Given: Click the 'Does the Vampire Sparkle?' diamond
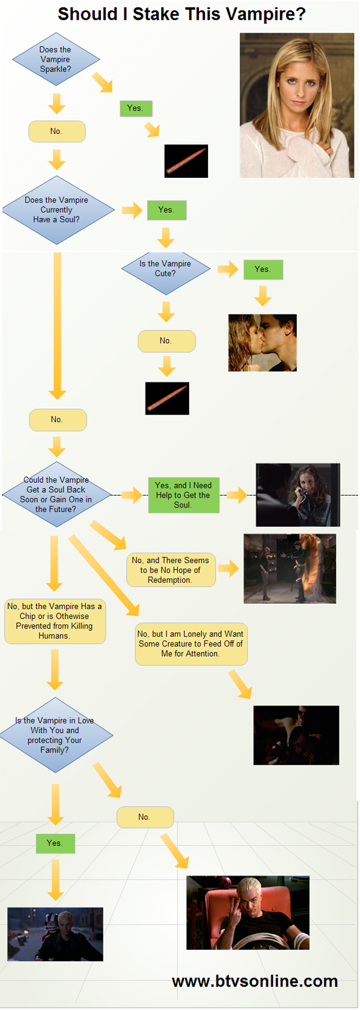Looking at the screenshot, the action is pos(56,59).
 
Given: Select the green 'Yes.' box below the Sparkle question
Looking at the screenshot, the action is pos(136,108).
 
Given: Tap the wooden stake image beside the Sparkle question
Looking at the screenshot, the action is pos(186,161).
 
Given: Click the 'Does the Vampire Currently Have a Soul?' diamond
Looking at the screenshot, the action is pos(58,210).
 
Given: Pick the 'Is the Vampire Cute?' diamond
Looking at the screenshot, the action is pos(165,269).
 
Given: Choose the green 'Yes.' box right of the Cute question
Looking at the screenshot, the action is pos(263,270).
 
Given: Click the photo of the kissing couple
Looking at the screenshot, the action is pos(263,342).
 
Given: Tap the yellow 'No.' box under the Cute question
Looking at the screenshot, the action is pos(166,341).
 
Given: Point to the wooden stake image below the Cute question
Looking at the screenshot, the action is pos(167,398).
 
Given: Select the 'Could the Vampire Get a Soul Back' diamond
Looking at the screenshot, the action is pos(57,494).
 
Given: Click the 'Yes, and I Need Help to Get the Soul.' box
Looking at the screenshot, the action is pos(184,495).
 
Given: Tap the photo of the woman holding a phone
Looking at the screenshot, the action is pos(297,494).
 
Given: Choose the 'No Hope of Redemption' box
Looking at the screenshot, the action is pos(171,570).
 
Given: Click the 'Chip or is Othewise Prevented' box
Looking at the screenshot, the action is pos(55,621).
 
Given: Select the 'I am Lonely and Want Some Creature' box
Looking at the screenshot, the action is pos(191,644).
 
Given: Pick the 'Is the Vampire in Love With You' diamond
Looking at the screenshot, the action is pos(56,735).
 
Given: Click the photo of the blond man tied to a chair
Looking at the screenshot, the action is pos(248,913).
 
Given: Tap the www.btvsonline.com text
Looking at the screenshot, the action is pos(255,981).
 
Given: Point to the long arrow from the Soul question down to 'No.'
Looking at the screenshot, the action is pos(57,326).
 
